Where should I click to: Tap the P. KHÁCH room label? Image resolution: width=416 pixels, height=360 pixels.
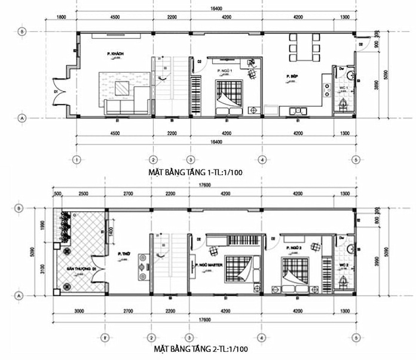115,54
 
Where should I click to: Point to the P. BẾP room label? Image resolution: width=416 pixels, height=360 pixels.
292,76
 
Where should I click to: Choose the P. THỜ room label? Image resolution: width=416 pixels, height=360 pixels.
124,254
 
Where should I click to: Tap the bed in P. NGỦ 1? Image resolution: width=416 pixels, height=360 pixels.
228,95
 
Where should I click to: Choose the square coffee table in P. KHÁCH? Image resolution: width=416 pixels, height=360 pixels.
123,89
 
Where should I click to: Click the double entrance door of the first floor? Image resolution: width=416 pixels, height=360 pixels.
59,93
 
